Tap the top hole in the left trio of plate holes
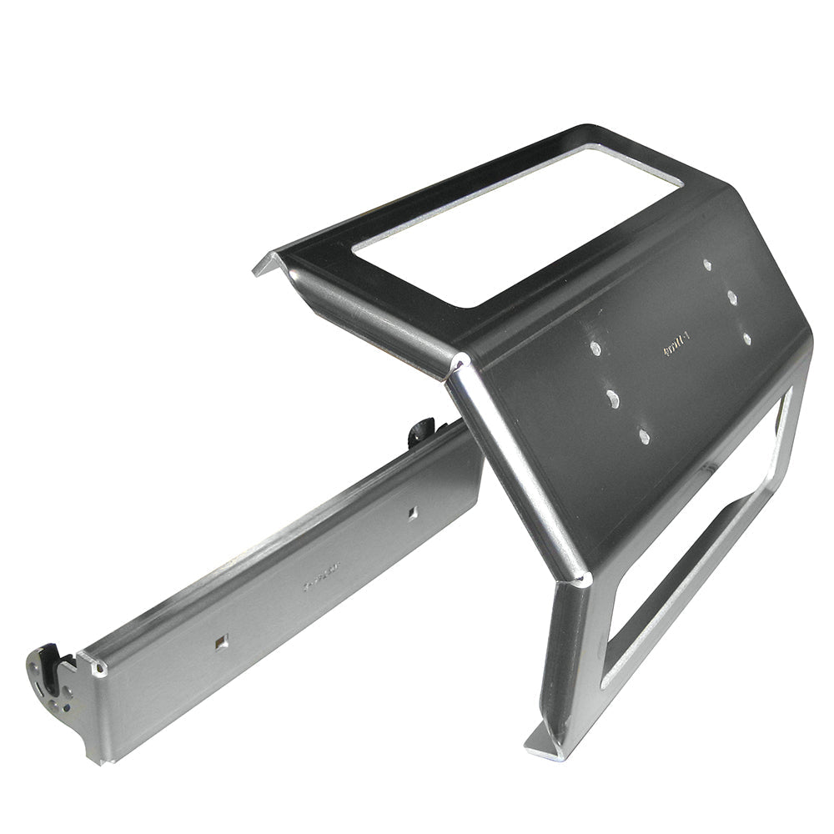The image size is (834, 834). point(595,347)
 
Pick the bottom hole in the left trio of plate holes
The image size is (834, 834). point(644,435)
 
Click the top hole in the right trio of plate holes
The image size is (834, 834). point(707,264)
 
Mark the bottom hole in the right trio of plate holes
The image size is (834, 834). point(746,339)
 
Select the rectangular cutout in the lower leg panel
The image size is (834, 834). point(701,550)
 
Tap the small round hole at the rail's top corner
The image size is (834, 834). point(101,668)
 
